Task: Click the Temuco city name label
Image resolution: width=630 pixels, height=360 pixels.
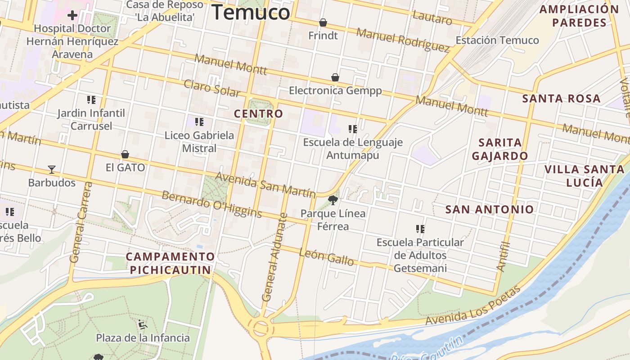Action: tap(251, 12)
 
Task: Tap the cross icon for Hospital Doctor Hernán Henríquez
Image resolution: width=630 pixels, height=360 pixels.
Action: tap(72, 16)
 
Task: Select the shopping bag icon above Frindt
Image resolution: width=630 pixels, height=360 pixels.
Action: tap(323, 22)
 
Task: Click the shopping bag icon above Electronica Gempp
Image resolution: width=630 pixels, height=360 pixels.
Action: tap(335, 77)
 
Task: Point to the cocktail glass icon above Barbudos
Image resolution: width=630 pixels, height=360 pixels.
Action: tap(52, 170)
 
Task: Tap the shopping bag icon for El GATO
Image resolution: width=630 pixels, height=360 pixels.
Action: tap(125, 155)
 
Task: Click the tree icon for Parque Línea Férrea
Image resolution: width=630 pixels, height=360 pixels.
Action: tap(333, 200)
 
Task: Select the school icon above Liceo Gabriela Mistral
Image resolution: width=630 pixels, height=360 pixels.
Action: tap(199, 121)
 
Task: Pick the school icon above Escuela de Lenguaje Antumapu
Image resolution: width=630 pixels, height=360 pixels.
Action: tap(352, 129)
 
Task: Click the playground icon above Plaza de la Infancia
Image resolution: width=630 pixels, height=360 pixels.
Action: tap(143, 324)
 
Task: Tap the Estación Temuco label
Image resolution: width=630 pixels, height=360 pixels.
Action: tap(497, 40)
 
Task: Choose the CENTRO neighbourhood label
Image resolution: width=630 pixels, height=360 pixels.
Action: tap(258, 114)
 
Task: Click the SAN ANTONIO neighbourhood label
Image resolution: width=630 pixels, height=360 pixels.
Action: tap(489, 209)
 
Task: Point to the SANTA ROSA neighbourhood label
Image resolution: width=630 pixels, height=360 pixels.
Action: tap(561, 99)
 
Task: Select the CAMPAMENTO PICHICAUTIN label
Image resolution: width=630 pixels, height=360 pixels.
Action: tap(170, 263)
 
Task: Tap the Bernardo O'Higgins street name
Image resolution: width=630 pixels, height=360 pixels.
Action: tap(211, 204)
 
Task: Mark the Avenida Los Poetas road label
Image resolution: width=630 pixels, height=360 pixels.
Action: tap(472, 306)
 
